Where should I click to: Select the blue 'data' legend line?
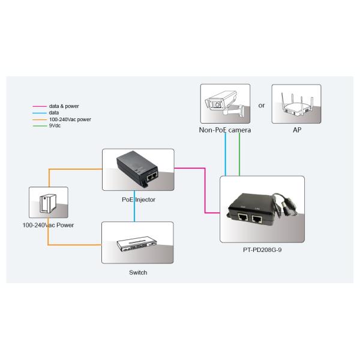[x=40, y=112]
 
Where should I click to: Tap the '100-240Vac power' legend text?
[x=70, y=119]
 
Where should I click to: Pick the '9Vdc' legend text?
[x=55, y=125]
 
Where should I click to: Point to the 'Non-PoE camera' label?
[x=225, y=130]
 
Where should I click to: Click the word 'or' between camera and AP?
[x=262, y=106]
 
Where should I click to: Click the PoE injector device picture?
[x=137, y=169]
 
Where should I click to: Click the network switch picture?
[x=137, y=242]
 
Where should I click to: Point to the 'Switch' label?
[x=138, y=272]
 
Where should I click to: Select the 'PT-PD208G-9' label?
[x=262, y=250]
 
